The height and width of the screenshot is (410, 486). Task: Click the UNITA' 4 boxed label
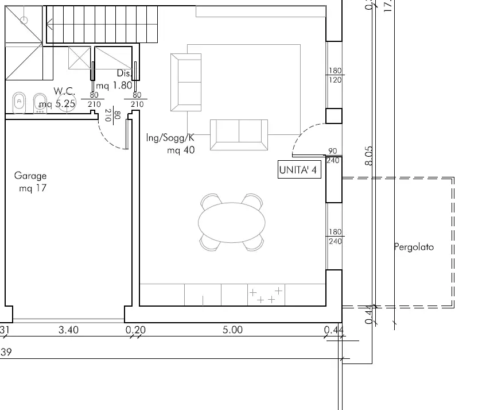[x=298, y=171]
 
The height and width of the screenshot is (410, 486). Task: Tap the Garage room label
[x=30, y=176]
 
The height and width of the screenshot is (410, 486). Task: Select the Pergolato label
[x=414, y=247]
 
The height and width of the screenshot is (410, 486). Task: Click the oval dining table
[x=232, y=222]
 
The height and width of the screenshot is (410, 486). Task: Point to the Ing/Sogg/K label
[x=171, y=138]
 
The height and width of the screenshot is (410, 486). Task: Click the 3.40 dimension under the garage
[x=69, y=330]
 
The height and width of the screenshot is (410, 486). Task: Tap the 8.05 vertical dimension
[x=370, y=155]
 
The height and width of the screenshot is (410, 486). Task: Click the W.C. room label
[x=65, y=91]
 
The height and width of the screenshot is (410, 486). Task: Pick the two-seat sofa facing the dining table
[x=239, y=135]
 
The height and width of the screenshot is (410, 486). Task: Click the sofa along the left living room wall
[x=186, y=82]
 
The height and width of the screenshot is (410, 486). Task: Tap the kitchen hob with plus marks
[x=266, y=295]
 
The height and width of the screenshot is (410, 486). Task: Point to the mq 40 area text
[x=181, y=150]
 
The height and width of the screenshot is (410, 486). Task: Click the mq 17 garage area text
[x=33, y=188]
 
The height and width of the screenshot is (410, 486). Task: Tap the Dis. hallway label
[x=123, y=74]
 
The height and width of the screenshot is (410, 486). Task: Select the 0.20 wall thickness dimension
[x=135, y=330]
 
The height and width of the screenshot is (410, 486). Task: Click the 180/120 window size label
[x=335, y=76]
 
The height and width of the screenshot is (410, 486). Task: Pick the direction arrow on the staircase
[x=52, y=24]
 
